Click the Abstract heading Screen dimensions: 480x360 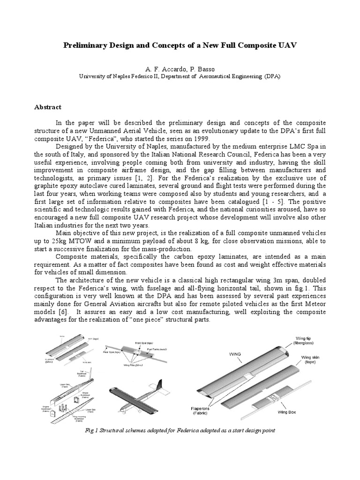pyautogui.click(x=48, y=107)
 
